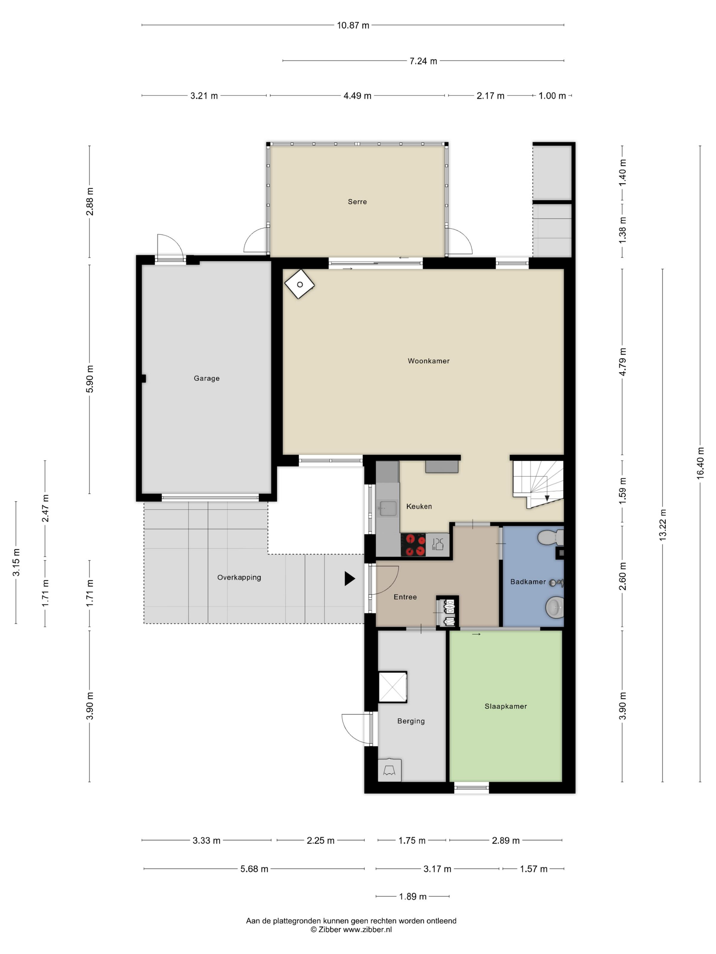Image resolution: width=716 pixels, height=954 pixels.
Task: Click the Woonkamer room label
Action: click(428, 361)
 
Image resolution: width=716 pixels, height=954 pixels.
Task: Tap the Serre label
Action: click(357, 201)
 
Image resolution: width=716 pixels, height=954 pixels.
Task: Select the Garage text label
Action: click(206, 378)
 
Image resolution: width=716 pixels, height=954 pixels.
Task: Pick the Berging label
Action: click(411, 721)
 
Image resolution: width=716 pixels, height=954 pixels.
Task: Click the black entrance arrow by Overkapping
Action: click(349, 578)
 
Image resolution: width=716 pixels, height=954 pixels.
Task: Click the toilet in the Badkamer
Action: click(550, 537)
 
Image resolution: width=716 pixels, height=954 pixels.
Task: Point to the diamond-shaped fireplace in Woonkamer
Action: click(299, 284)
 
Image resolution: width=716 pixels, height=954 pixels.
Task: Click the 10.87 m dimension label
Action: click(353, 26)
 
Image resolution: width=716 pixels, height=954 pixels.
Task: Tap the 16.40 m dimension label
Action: click(700, 463)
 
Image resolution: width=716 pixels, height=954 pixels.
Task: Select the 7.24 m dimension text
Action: click(423, 61)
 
